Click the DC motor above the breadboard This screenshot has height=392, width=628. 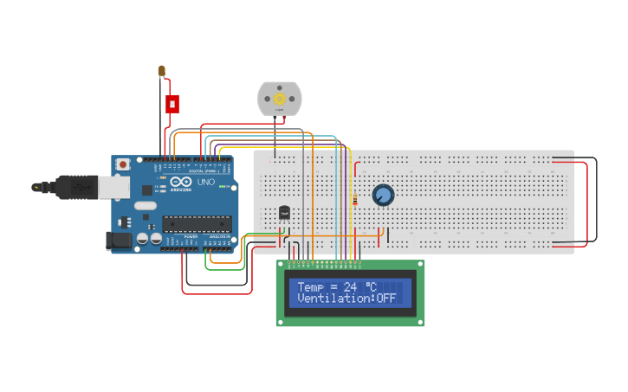click(280, 98)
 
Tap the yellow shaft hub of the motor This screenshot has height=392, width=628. click(280, 99)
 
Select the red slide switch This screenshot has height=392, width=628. click(172, 104)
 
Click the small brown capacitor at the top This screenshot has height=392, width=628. click(162, 71)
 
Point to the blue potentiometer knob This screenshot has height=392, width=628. click(383, 196)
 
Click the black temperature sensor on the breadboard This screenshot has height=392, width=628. click(284, 212)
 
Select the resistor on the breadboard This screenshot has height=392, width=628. click(355, 200)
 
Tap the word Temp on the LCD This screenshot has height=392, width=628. click(309, 286)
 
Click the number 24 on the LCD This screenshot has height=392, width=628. click(350, 286)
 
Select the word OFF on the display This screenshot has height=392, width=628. click(386, 299)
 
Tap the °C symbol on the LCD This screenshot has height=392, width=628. click(370, 286)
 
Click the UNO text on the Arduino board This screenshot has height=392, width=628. click(206, 183)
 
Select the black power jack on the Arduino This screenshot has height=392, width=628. click(120, 240)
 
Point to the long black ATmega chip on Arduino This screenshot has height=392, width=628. click(197, 224)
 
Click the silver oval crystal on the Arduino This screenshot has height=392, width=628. click(145, 206)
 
